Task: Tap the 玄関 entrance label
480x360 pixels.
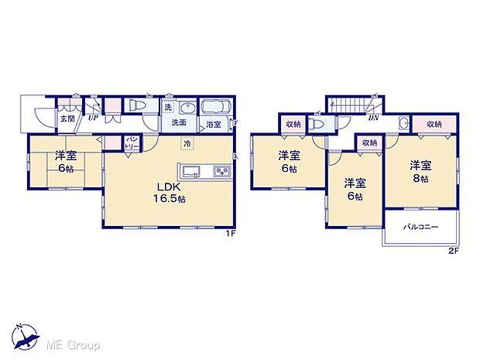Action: click(67, 118)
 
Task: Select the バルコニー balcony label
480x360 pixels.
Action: click(421, 228)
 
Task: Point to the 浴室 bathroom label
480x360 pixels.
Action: click(213, 124)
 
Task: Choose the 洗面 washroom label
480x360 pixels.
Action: click(178, 123)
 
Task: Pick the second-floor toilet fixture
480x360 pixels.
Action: click(317, 123)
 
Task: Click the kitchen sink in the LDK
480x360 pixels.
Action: click(190, 171)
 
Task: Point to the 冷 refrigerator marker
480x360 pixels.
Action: click(187, 143)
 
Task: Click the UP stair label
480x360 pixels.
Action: click(93, 118)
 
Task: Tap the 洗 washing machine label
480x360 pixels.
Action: click(168, 107)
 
